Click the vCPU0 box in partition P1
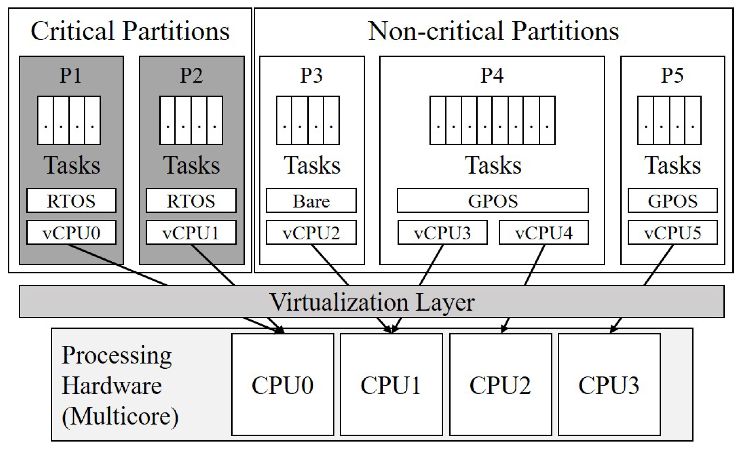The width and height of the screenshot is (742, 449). click(x=71, y=233)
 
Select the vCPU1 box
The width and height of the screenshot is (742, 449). click(x=191, y=233)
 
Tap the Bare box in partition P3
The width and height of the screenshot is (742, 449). click(x=311, y=201)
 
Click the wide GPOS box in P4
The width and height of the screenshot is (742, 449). click(x=492, y=201)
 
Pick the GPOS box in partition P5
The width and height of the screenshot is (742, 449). click(x=672, y=201)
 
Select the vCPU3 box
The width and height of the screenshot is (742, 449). click(x=442, y=233)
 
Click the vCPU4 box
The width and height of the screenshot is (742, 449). click(x=544, y=233)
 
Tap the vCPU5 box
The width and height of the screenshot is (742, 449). click(x=672, y=233)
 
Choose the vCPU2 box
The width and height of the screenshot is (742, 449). click(x=311, y=233)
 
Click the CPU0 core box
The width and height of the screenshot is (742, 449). click(x=283, y=385)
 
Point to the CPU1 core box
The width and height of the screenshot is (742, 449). click(x=391, y=385)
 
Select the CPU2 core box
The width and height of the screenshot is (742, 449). click(x=500, y=385)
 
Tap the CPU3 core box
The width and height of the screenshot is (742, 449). click(x=609, y=385)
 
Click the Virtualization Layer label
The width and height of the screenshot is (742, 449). click(x=372, y=302)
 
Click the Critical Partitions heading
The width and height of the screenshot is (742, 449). click(x=130, y=31)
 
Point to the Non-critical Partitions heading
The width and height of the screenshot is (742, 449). click(x=493, y=31)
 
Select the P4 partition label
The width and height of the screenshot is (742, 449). click(x=492, y=75)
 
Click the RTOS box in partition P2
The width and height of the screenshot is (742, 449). click(x=191, y=201)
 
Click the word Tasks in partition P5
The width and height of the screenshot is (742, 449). click(x=672, y=165)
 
